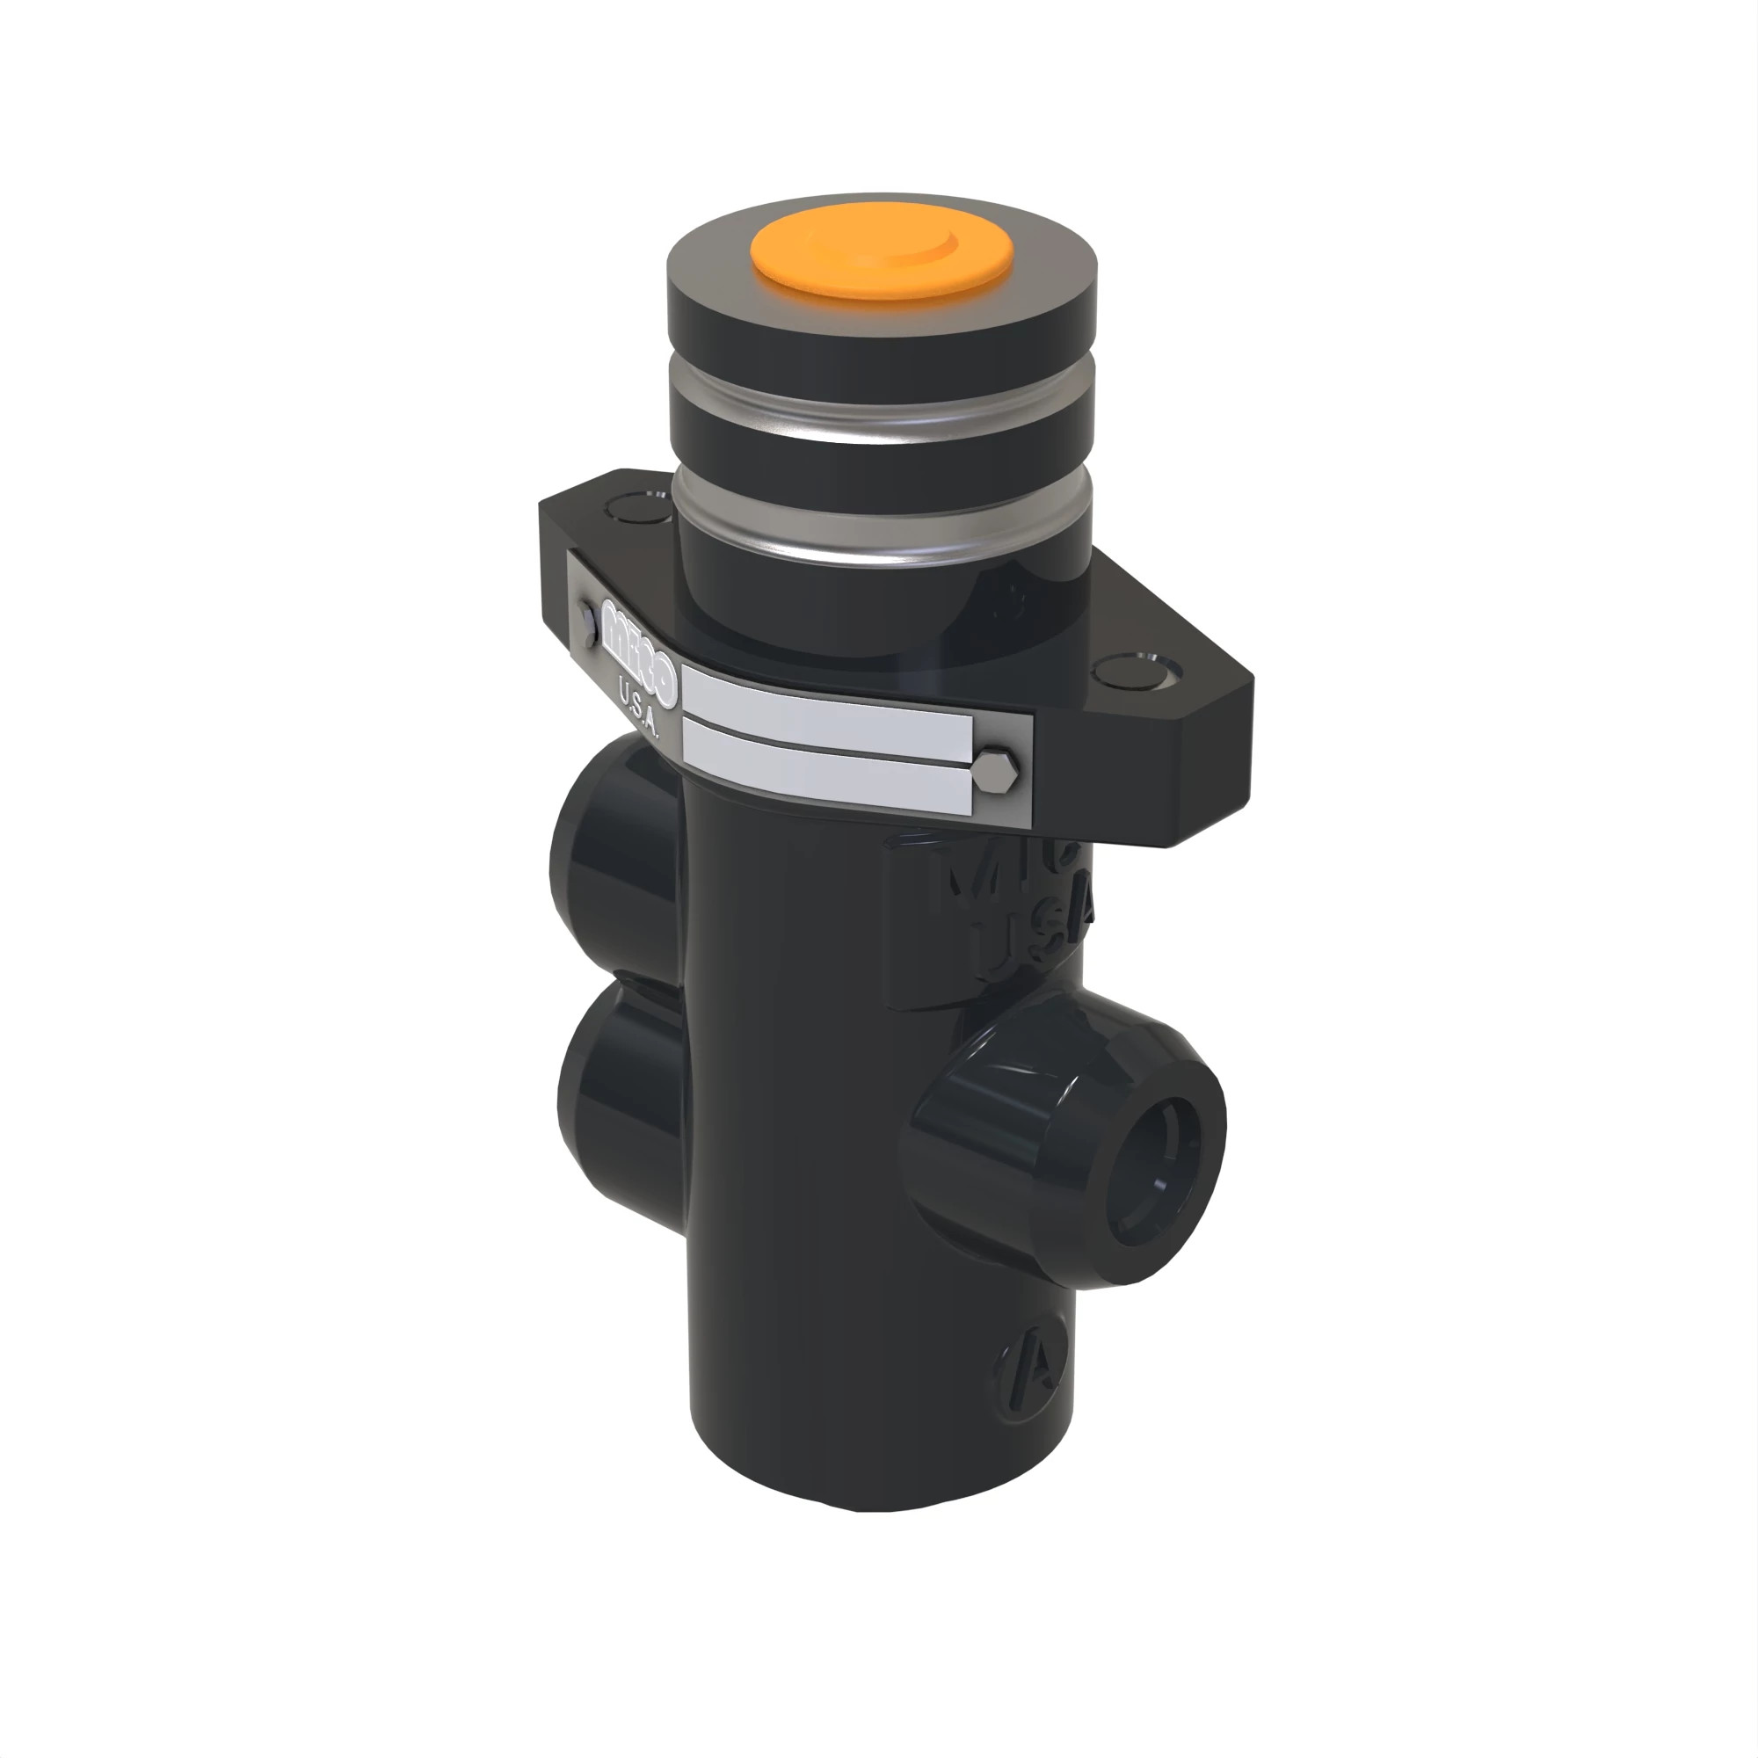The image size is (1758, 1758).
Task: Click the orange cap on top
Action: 881,258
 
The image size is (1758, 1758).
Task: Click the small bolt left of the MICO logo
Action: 589,623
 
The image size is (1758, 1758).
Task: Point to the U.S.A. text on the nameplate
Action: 639,703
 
